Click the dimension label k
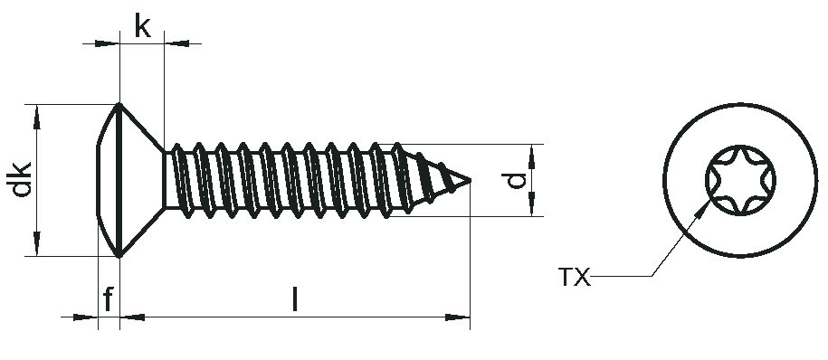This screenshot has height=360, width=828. (x=142, y=26)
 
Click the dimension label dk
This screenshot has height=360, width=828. (x=23, y=179)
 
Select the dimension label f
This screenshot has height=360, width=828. (x=109, y=299)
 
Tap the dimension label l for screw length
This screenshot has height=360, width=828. (x=295, y=299)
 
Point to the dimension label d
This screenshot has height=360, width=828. (x=516, y=181)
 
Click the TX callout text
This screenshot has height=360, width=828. (x=574, y=277)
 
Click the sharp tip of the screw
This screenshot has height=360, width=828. (x=470, y=181)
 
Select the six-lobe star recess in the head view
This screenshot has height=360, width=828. (x=740, y=180)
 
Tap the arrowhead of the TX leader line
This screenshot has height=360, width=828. (x=703, y=209)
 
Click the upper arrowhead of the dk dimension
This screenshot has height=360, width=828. (x=36, y=117)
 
